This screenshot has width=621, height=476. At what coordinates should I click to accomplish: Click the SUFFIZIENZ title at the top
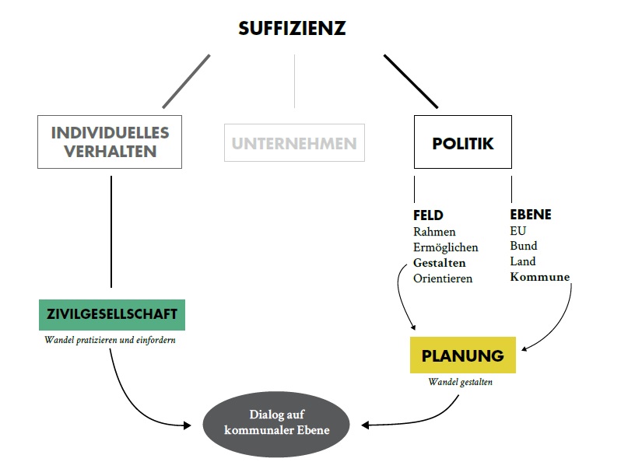[291, 30]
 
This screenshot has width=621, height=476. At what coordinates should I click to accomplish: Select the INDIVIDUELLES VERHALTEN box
[110, 142]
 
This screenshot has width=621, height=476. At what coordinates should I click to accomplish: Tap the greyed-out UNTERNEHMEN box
[294, 143]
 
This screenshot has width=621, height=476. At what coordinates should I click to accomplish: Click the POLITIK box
[463, 143]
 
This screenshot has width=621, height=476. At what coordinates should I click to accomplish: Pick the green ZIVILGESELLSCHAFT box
[112, 314]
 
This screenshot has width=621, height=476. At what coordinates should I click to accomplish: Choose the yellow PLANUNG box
[463, 356]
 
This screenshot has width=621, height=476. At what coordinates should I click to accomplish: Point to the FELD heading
[428, 215]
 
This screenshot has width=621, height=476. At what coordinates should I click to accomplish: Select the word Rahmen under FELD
[434, 232]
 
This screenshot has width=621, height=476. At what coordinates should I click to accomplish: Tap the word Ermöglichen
[445, 247]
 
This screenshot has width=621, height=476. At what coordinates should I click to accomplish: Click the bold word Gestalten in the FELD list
[439, 263]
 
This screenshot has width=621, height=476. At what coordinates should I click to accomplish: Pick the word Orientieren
[443, 278]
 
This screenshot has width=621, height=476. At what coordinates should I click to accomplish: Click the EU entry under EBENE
[518, 231]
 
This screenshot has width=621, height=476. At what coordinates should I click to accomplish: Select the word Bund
[523, 247]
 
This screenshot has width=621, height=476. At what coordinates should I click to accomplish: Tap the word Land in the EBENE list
[523, 262]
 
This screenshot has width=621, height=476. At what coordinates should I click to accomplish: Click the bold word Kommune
[539, 277]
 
